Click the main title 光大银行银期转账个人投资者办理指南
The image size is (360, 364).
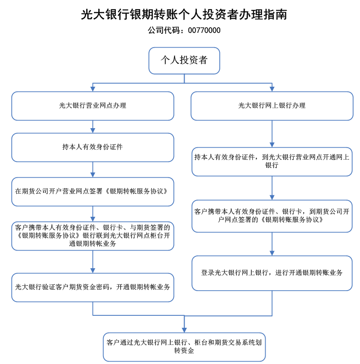pos(184,14)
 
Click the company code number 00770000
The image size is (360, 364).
pos(204,30)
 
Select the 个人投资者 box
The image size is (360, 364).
pos(184,61)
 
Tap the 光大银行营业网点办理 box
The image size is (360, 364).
pos(93,106)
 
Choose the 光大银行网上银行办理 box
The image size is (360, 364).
pos(272,106)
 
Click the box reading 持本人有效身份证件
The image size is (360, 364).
pos(93,147)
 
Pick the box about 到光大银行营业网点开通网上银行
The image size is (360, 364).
pos(272,162)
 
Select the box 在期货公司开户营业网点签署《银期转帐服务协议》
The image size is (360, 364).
pos(93,192)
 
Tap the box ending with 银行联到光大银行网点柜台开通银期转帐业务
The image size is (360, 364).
pos(93,236)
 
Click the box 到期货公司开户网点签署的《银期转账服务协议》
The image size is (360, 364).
pos(272,216)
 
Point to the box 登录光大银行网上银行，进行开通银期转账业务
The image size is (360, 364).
pos(272,273)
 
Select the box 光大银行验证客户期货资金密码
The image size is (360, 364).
pos(93,288)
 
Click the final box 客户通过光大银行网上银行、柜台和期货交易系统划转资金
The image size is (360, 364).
pos(184,347)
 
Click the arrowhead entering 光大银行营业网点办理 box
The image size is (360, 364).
pos(93,89)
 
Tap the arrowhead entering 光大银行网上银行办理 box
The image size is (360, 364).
pos(272,89)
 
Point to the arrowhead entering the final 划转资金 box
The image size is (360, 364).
pos(184,330)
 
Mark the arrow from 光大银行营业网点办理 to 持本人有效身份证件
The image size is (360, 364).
pos(93,127)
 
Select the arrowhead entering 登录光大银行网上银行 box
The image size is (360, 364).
pos(272,253)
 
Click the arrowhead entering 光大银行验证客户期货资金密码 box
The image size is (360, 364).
pos(93,271)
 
